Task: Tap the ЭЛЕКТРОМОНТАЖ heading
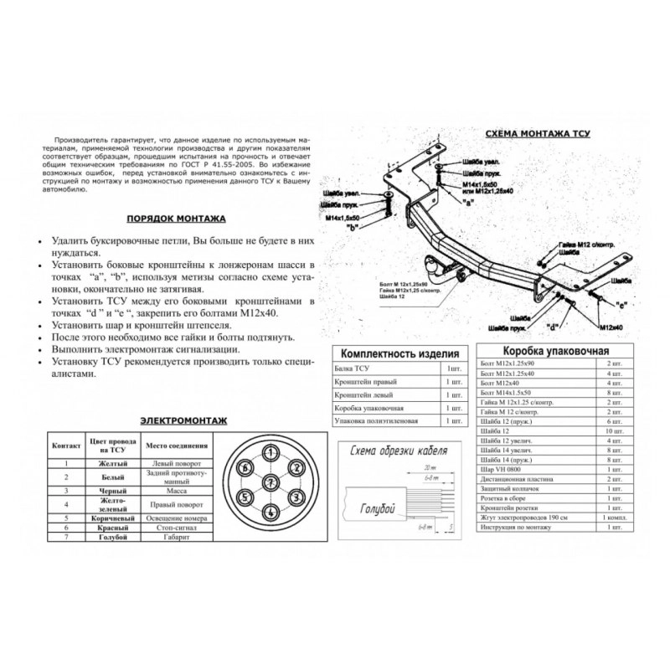tap(183, 420)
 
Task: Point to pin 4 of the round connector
tap(271, 513)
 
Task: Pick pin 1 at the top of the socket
tap(271, 453)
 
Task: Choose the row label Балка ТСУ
tap(351, 368)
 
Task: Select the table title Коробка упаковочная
tap(554, 352)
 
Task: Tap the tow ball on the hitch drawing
tap(435, 265)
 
